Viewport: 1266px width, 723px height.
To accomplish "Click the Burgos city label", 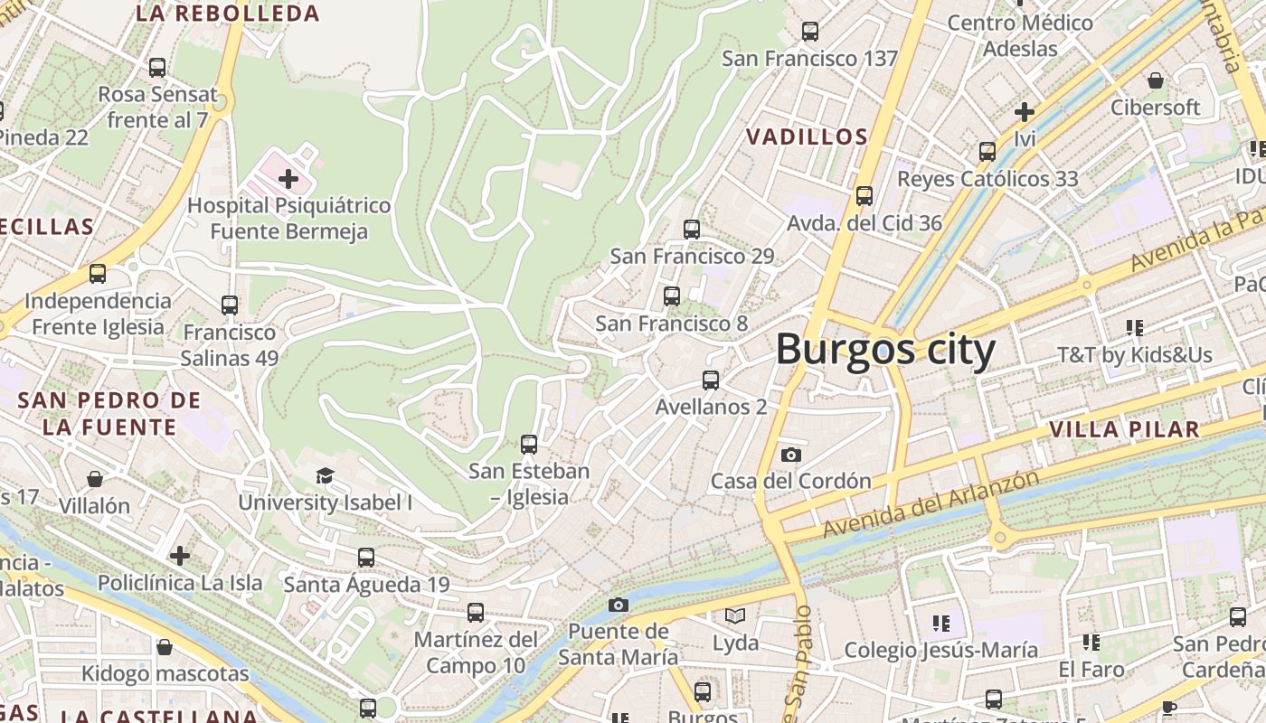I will click(885, 350).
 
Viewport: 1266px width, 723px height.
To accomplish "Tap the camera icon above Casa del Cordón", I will click(791, 455).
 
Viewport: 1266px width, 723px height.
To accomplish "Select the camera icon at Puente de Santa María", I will click(619, 605).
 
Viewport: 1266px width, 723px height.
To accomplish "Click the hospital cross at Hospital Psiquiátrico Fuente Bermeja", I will click(288, 179).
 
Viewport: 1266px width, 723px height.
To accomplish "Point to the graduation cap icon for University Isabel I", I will click(325, 475).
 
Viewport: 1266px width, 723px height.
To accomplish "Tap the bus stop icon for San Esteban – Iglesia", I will click(529, 445).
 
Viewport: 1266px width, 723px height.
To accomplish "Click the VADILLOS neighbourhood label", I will click(807, 137).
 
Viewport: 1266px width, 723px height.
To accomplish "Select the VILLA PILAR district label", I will click(1124, 429).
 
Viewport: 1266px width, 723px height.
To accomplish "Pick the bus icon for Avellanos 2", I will click(711, 380).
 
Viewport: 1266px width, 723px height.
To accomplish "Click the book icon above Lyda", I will click(735, 616).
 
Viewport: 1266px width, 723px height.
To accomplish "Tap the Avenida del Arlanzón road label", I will click(931, 504).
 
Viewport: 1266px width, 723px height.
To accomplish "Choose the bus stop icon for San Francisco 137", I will click(809, 32).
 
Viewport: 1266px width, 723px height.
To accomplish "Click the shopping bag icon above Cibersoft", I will click(1155, 80).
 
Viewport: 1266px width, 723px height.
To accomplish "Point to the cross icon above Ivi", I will click(1024, 112).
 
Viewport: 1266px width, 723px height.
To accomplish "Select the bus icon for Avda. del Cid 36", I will click(864, 195).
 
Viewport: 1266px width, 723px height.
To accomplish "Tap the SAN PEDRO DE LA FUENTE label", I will click(109, 414).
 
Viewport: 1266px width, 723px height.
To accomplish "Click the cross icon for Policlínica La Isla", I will click(180, 555).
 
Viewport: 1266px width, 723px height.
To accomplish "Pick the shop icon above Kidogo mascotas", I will click(164, 647).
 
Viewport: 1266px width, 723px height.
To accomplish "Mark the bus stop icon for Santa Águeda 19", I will click(366, 558).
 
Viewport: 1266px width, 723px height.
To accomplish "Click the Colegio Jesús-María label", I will click(940, 650).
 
